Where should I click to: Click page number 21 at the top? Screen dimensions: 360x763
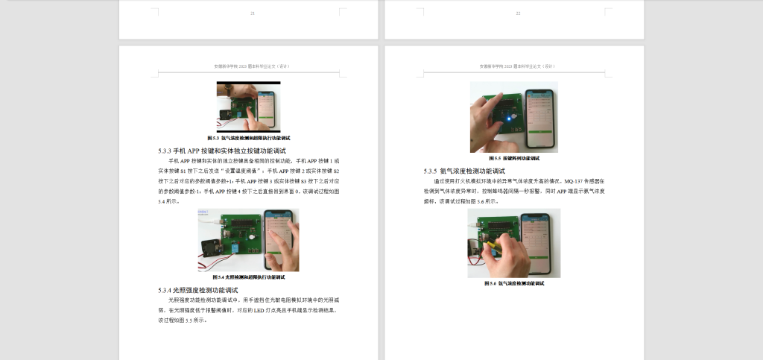[253, 13]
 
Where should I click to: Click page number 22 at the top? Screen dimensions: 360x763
[518, 13]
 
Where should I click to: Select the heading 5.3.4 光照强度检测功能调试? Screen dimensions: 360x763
[197, 289]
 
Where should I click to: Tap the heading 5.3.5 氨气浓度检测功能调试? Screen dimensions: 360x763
[474, 171]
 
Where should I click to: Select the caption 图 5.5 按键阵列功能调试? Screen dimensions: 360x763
[513, 158]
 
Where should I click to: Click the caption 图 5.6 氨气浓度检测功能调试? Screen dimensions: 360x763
[513, 283]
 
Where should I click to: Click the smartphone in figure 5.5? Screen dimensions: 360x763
[540, 118]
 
